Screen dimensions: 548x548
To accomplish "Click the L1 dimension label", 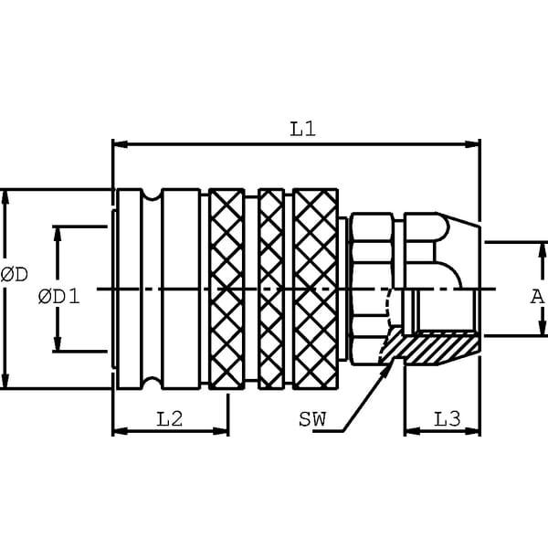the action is [x=303, y=129].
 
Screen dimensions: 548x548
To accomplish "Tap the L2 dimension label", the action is [x=170, y=419].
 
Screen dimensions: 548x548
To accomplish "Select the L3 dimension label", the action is [x=448, y=419].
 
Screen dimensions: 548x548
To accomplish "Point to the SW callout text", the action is [x=312, y=419].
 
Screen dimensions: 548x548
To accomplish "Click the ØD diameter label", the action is [x=15, y=274].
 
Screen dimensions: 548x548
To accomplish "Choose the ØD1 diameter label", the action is [x=59, y=297].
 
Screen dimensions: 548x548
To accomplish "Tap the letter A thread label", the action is [x=537, y=297].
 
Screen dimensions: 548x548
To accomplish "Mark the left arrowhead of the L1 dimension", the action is [x=120, y=144].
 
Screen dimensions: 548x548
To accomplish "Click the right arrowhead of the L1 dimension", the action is [x=473, y=144].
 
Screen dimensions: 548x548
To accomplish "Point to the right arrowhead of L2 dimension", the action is [x=221, y=431].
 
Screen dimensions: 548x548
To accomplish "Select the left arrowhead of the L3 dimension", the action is [x=412, y=431].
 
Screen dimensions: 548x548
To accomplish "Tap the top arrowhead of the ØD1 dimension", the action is [x=58, y=234].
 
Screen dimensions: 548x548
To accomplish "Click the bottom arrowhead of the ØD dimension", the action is [x=5, y=381].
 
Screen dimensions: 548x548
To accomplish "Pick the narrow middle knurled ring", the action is [x=271, y=289].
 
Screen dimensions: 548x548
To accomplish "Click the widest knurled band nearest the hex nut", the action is [x=315, y=289].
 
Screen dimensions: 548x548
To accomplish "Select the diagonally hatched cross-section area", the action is [x=430, y=347].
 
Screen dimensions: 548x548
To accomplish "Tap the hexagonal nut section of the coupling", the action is [x=372, y=289].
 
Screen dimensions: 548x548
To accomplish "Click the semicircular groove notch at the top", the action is [x=152, y=195].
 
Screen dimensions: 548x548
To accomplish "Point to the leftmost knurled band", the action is [x=227, y=289].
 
